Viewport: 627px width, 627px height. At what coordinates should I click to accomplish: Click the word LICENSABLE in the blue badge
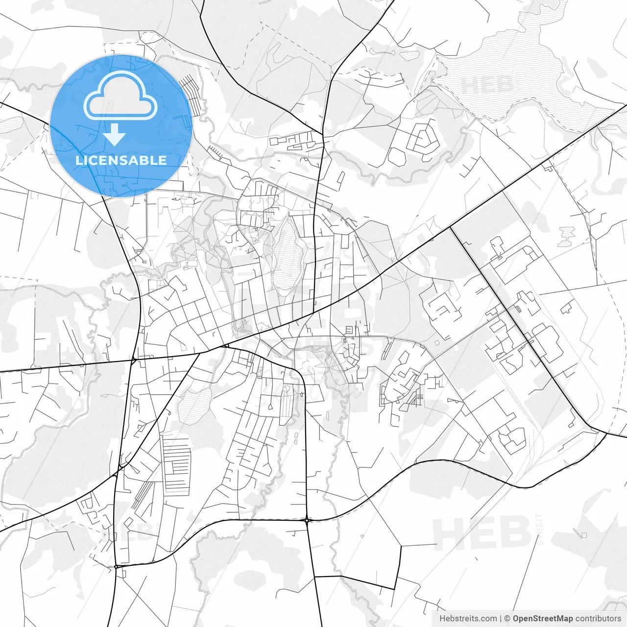121,160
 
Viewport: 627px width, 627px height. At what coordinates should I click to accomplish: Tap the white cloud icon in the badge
121,96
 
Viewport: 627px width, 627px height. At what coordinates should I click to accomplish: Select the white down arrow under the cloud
115,134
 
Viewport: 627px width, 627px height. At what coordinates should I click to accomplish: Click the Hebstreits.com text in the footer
468,619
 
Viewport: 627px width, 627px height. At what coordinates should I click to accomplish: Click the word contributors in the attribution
598,619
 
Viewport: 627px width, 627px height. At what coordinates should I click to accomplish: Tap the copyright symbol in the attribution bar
507,619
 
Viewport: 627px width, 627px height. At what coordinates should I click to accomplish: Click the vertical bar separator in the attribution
501,619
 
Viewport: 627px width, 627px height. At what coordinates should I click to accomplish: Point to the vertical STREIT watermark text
540,529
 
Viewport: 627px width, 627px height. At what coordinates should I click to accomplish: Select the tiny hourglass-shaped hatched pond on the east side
567,236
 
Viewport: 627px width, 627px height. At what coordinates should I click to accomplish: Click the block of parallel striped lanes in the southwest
176,468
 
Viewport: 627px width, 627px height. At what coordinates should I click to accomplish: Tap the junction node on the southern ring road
307,520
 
